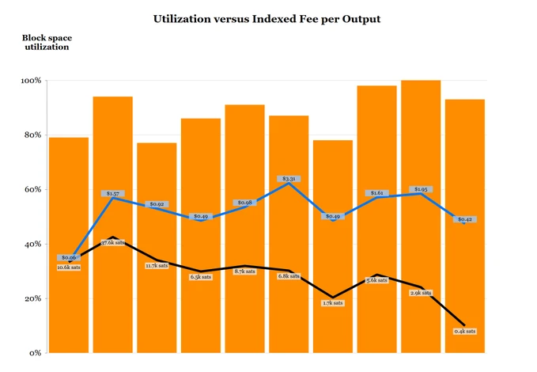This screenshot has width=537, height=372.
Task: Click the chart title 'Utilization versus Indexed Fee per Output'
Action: click(267, 18)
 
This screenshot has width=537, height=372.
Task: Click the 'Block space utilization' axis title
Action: click(45, 42)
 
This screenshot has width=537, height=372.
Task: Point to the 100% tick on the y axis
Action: click(32, 81)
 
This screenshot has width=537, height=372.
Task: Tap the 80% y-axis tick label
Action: click(33, 135)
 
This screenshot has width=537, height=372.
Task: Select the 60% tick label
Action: click(33, 190)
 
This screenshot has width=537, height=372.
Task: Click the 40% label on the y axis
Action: click(33, 245)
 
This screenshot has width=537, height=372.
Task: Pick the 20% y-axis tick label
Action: click(33, 299)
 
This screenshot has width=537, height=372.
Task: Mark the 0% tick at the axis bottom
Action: click(36, 353)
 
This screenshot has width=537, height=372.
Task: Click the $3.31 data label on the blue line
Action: click(288, 179)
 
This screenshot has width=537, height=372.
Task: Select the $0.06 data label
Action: click(69, 258)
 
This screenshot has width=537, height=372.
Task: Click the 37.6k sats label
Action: click(113, 243)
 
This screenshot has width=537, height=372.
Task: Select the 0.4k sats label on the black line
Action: click(465, 331)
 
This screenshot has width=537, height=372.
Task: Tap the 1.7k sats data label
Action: click(333, 303)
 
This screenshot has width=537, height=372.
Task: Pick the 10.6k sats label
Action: click(69, 268)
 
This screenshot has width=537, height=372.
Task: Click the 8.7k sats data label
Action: click(244, 271)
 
